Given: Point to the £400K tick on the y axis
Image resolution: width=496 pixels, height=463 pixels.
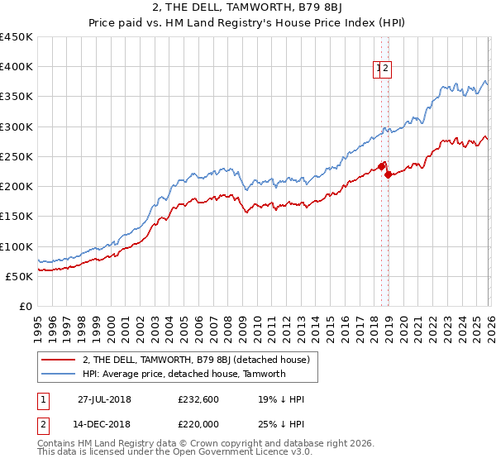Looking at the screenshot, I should tap(17, 67).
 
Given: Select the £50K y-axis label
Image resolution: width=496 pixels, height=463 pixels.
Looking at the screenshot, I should tap(20, 276).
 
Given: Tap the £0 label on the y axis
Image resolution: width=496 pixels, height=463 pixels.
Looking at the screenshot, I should tap(26, 307).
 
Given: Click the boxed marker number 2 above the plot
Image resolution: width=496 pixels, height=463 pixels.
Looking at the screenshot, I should tap(386, 70).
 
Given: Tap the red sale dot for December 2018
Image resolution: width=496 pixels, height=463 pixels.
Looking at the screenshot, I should tap(388, 174).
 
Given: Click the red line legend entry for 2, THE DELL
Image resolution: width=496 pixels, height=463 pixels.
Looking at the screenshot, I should tap(196, 360).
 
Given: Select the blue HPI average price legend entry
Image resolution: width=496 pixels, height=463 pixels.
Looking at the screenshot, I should tap(184, 374).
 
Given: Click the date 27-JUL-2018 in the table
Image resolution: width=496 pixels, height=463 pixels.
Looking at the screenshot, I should tap(104, 399).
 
